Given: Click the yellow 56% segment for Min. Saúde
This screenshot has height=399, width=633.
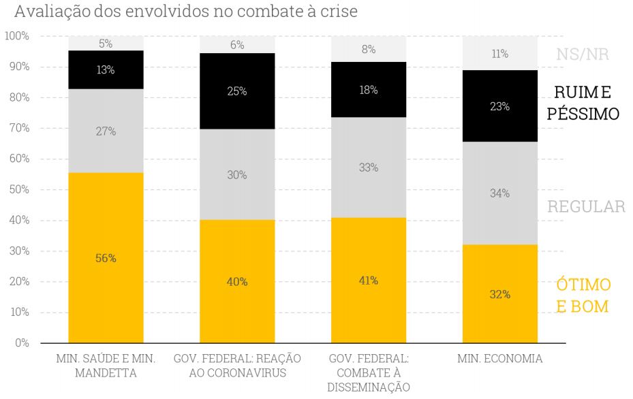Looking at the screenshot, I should point(106,257).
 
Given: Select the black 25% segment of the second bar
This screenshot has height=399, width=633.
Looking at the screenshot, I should point(237,91).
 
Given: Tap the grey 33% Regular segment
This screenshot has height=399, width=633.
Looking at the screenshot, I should point(369,167).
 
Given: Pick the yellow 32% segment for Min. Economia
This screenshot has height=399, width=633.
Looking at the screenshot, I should point(500,293).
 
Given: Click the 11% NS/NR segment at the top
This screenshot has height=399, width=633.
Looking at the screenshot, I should point(500,53).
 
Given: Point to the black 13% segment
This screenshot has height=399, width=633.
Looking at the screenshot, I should point(106,70).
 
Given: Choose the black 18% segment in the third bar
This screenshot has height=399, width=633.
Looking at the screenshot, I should point(369,90).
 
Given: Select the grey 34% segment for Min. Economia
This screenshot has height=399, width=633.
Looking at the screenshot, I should point(500,193).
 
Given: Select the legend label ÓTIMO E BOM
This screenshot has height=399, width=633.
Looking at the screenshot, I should point(583,296).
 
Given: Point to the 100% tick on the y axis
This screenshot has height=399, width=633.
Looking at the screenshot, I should point(16,35).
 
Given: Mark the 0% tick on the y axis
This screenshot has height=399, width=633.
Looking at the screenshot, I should point(22,342).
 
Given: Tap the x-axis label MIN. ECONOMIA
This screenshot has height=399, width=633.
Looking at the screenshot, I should point(500,359).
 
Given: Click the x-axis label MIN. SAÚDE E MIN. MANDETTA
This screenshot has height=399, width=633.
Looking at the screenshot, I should point(106,366).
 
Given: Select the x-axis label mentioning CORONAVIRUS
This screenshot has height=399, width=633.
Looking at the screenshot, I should point(237,366).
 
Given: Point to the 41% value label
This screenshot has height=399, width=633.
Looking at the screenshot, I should point(369,281).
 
